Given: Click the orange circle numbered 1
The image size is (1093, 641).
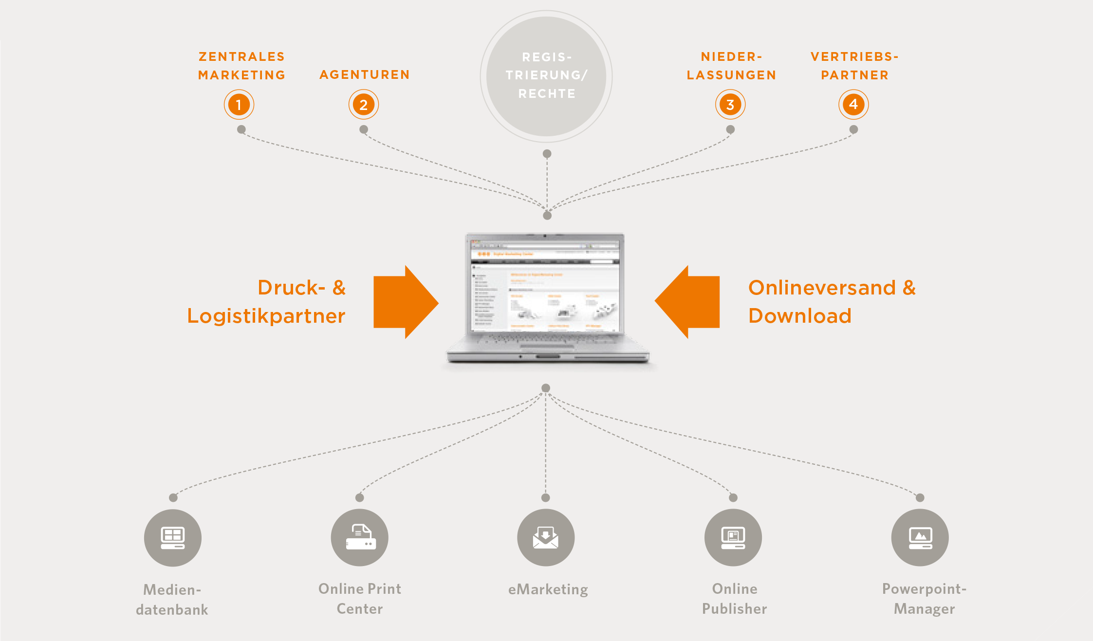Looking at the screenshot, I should pos(239,105).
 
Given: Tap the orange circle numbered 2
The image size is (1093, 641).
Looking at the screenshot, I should pos(363,105).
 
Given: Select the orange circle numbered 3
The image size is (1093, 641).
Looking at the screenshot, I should pos(730,105).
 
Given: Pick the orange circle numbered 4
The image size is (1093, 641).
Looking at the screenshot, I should pos(853,104).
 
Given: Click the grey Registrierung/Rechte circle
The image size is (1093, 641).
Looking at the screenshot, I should pos(546,76).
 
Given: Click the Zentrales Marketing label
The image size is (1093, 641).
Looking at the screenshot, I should pos(241,66).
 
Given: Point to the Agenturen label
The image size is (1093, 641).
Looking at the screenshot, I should pos(365,75).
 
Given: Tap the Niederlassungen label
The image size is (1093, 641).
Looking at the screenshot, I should pos(731,66).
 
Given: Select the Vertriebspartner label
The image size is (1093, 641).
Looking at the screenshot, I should pos(854,66).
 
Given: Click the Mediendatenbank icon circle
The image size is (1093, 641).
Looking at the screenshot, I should pos(172,538).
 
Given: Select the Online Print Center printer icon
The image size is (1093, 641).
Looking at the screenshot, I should pos(360,537).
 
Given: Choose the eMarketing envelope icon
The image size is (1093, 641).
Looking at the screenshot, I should pos(546,537).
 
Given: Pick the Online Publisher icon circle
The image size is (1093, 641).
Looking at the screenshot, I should pos(733,537).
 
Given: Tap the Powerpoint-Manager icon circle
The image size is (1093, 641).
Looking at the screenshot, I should pos(920,537).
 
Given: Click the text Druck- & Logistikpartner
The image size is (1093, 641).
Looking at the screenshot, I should pos(267,302).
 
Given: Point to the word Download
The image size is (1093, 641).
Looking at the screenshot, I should pos(800,316).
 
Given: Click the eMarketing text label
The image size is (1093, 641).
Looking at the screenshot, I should pos(548,589).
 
